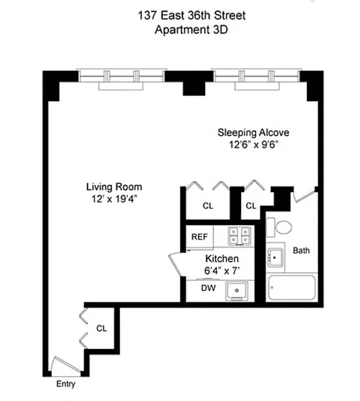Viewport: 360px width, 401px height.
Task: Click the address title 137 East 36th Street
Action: tap(191, 16)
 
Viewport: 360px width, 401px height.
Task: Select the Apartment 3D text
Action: tap(191, 29)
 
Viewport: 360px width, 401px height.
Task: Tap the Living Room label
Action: tap(114, 187)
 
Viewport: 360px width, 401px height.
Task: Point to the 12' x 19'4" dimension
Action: tap(114, 199)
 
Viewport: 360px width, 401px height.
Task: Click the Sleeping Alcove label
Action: tap(253, 133)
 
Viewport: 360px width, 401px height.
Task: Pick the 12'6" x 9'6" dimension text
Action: tap(253, 145)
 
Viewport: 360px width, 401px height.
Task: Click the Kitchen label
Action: tap(222, 259)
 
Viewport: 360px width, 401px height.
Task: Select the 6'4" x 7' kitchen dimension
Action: tap(222, 271)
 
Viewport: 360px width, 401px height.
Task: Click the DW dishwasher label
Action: tap(195, 288)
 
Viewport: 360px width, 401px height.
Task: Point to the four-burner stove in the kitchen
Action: tap(239, 237)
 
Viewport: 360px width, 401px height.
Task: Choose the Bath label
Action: tap(301, 250)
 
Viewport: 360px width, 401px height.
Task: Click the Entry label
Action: tap(66, 384)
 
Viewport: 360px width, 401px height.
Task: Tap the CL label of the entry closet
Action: tap(102, 329)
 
